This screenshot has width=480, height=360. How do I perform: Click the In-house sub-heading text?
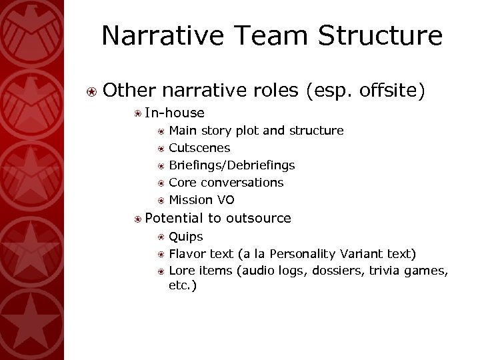(175, 113)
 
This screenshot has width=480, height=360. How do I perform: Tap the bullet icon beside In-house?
(136, 113)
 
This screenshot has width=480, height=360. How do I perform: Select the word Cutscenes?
(199, 147)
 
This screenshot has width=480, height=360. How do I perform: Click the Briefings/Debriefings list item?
(232, 165)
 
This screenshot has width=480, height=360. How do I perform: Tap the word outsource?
(259, 217)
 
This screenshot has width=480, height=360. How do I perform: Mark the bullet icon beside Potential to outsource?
(136, 218)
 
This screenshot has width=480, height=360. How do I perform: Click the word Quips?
(186, 236)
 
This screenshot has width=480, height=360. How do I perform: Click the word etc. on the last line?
(183, 285)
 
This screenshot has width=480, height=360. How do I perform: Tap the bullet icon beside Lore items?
(161, 271)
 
